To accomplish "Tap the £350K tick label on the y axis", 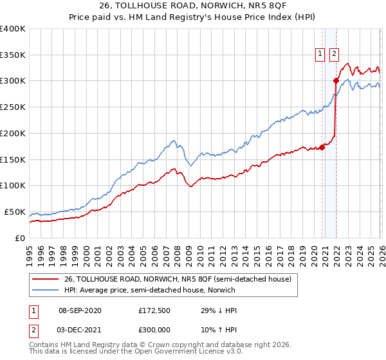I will (x=13, y=55).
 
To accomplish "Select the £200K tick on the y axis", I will (x=13, y=134).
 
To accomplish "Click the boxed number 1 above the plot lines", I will (x=320, y=55).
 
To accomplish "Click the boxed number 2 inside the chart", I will (x=335, y=55).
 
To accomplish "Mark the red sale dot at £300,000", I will (x=336, y=81).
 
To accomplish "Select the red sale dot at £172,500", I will (x=322, y=147).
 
